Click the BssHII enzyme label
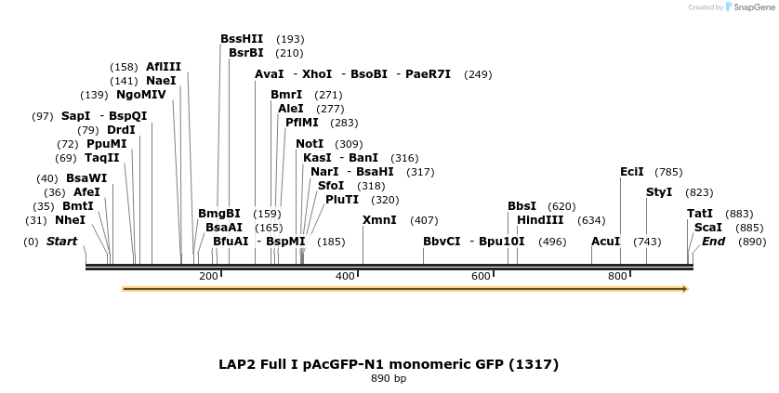(x=242, y=39)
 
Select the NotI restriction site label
(x=310, y=144)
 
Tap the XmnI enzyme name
(x=379, y=220)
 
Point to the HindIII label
(x=540, y=220)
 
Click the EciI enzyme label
(x=631, y=172)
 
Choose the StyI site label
(x=658, y=192)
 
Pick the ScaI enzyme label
(x=707, y=228)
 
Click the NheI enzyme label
(x=70, y=220)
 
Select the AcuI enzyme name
(x=605, y=242)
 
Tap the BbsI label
(x=522, y=206)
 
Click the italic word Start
(x=61, y=242)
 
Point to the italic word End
(x=713, y=242)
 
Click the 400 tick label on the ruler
(x=346, y=276)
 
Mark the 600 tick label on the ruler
(x=481, y=276)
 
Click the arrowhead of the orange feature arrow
(x=684, y=289)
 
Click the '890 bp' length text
(x=389, y=379)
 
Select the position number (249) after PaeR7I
(x=478, y=74)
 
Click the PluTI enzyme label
(x=341, y=200)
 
